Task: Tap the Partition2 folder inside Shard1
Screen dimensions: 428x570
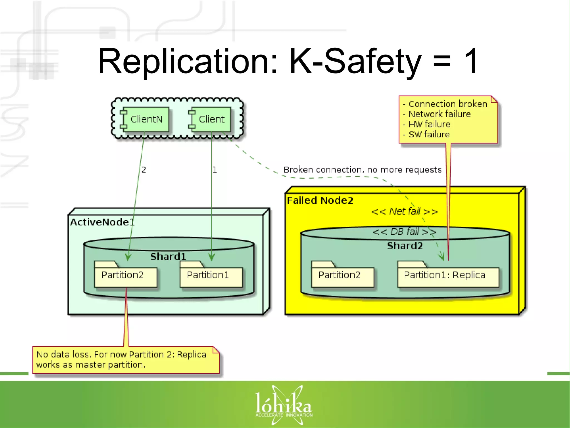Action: [125, 276]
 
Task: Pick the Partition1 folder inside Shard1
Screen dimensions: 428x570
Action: [211, 276]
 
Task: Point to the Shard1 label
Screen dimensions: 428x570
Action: [168, 257]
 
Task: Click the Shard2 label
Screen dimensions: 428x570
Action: [405, 246]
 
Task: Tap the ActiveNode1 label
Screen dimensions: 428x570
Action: [102, 222]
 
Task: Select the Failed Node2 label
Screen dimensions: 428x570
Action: [320, 200]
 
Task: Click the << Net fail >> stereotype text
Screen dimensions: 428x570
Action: [404, 211]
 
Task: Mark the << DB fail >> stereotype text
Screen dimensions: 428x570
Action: [404, 232]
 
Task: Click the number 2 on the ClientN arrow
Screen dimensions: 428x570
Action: [144, 170]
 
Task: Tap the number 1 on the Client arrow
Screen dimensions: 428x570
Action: [215, 170]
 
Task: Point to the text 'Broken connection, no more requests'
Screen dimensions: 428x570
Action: [362, 170]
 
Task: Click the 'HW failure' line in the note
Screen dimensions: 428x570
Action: [429, 124]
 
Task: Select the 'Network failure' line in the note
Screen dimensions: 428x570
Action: [439, 114]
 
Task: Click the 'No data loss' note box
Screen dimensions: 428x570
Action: [126, 360]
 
